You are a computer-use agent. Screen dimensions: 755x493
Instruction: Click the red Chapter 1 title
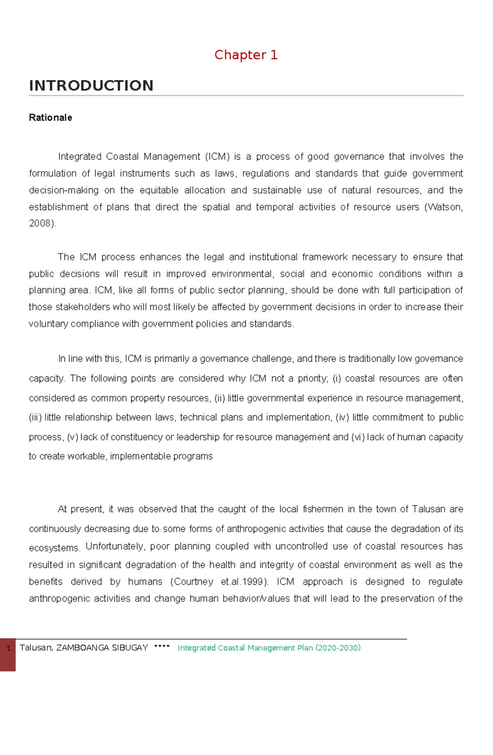pos(246,55)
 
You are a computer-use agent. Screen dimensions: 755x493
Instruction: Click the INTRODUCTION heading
pos(91,86)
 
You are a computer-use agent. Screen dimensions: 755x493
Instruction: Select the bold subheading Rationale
pos(50,118)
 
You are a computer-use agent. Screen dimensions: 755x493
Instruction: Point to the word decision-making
pos(64,190)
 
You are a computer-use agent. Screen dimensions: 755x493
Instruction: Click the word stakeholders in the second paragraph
pos(83,307)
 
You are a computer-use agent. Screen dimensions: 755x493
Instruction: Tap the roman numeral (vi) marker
pos(357,437)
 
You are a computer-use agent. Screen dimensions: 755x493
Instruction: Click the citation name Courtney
pos(193,582)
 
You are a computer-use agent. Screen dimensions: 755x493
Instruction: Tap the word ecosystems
pos(53,548)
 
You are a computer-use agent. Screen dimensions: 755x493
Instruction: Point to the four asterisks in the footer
pos(162,646)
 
